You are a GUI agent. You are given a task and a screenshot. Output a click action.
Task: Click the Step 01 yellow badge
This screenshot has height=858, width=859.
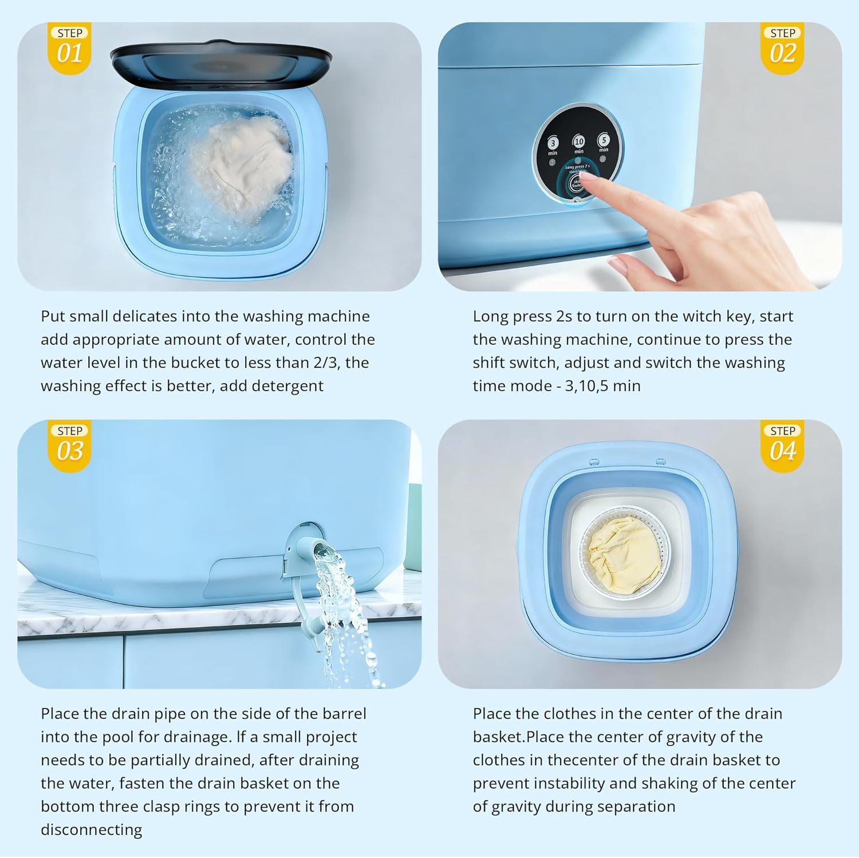69,49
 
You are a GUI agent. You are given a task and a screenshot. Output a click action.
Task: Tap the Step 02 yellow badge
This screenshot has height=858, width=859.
783,49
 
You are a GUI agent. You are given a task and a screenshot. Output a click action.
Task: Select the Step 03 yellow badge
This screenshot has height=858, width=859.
69,447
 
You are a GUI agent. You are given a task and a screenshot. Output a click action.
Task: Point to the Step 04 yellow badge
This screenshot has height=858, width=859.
783,447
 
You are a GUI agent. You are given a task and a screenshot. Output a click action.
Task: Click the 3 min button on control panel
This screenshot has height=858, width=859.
553,144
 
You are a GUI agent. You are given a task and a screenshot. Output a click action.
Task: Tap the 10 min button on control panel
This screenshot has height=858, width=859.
579,142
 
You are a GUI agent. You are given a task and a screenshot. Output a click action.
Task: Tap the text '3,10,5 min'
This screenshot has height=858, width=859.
602,385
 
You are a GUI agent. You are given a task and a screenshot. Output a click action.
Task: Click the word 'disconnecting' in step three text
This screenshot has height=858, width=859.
91,829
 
